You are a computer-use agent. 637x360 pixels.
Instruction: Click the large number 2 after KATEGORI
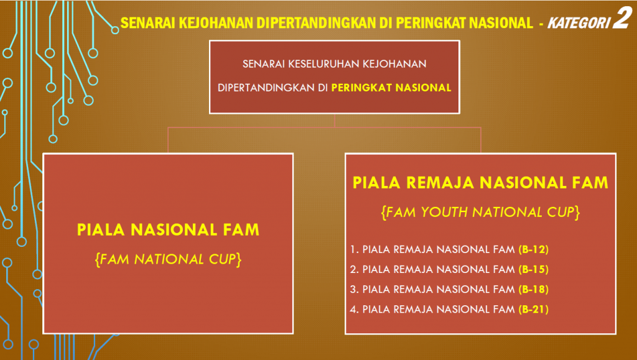coord(622,17)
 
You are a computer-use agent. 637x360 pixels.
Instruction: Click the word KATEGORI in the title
coord(579,23)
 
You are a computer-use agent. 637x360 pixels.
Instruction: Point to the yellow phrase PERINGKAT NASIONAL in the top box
coord(391,88)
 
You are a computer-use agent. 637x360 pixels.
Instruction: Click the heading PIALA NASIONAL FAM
coord(168,229)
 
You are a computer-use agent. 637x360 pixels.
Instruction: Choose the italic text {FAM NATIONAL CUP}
coord(168,259)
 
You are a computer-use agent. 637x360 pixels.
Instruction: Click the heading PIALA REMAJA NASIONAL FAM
coord(480,183)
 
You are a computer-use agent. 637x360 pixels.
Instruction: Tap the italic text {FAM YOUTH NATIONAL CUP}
coord(480,212)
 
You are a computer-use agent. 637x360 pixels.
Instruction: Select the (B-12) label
coord(533,249)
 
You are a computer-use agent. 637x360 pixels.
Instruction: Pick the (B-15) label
coord(533,269)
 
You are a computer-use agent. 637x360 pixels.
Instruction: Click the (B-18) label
coord(533,289)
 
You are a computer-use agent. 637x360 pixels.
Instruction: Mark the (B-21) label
coord(533,309)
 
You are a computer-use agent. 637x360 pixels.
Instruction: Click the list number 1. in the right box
coord(354,249)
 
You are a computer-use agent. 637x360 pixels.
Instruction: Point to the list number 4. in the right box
coord(354,309)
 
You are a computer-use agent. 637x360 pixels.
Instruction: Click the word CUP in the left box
coord(223,259)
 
